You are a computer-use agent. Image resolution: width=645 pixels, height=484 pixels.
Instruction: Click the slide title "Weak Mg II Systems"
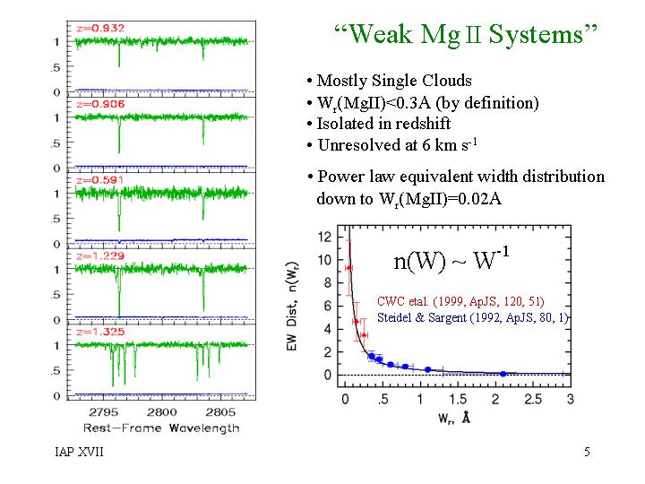465,35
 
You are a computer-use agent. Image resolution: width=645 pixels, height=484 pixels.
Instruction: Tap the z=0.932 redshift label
101,28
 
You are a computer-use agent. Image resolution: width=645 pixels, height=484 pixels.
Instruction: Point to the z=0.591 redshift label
101,180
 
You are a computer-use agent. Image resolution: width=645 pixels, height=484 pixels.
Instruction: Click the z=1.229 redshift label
101,255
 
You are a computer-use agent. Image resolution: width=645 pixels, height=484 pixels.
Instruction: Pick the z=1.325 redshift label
101,332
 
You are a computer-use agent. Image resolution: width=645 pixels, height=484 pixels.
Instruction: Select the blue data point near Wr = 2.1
503,373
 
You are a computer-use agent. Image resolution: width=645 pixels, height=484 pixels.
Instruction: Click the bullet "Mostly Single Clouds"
388,81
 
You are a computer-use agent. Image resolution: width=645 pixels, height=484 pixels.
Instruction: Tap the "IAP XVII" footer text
79,452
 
